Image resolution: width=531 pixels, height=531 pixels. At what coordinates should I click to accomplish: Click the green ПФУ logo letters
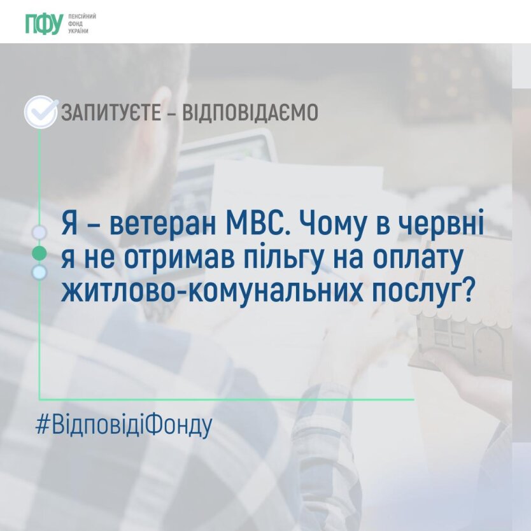(x=45, y=24)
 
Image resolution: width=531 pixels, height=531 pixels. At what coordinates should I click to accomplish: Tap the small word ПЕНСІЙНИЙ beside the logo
(x=82, y=17)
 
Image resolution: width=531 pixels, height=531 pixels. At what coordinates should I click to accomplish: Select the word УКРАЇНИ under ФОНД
(x=78, y=31)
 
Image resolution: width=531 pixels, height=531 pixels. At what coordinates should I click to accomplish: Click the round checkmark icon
(x=41, y=112)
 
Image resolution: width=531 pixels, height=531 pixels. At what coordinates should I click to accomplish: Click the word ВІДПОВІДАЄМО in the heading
(x=250, y=113)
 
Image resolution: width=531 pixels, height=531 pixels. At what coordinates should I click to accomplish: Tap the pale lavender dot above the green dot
(x=39, y=232)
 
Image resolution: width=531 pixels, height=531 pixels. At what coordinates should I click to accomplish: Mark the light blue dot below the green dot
(x=39, y=273)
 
